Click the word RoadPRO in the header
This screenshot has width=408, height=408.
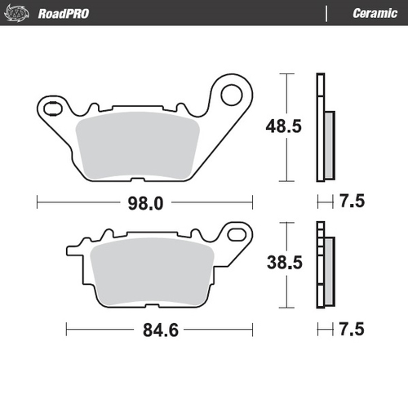pos(63,13)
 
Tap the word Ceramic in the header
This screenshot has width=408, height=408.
pos(375,13)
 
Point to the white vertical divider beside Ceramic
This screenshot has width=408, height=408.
pos(327,13)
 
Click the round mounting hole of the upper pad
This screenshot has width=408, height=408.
pos(229,95)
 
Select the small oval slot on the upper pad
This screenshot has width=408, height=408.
pos(51,108)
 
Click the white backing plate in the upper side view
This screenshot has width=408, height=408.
pos(320,126)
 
